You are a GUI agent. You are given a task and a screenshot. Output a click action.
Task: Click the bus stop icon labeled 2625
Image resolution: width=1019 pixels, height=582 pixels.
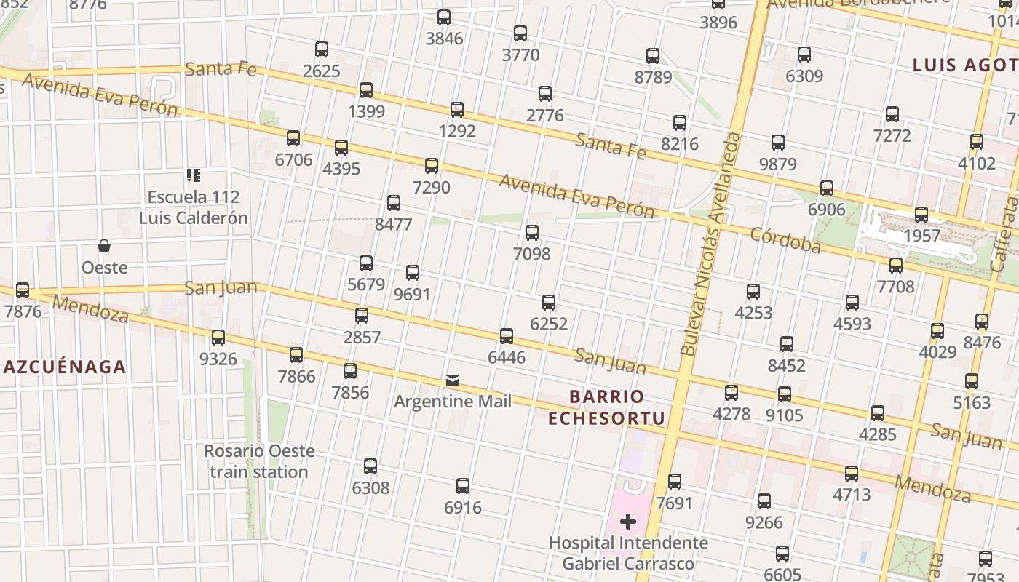click(322, 49)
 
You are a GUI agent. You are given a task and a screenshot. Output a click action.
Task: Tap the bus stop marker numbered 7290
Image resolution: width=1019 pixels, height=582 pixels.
click(432, 166)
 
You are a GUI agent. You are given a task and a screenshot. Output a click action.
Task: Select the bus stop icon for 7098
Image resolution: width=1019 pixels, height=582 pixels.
click(532, 233)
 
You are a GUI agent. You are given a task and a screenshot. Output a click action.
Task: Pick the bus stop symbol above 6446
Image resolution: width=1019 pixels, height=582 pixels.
click(507, 336)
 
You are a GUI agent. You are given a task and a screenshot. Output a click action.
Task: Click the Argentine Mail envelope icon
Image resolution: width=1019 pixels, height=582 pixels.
click(453, 380)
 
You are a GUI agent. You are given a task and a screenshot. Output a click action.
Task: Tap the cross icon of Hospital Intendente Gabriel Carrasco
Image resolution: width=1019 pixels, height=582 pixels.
click(628, 522)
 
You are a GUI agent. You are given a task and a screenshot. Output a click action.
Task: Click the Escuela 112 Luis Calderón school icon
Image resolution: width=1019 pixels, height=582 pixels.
click(194, 175)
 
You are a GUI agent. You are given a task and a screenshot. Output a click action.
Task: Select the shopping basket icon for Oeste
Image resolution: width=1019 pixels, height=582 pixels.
click(104, 247)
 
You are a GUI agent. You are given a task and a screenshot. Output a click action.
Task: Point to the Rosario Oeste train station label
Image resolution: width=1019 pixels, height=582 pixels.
click(259, 461)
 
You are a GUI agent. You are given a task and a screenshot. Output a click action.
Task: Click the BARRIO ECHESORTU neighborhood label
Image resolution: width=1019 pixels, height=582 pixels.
click(606, 407)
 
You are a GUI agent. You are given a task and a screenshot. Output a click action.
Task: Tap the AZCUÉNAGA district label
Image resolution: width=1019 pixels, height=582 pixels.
click(65, 367)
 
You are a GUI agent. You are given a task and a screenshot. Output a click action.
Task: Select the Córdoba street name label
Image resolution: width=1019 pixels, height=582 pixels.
click(785, 240)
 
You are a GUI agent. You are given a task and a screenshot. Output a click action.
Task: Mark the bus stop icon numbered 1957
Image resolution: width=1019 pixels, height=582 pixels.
click(921, 215)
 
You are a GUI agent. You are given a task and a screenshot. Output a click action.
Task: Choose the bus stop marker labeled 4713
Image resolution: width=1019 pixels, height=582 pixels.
click(852, 474)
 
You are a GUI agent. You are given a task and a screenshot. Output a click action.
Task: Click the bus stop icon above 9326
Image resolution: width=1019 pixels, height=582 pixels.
click(218, 338)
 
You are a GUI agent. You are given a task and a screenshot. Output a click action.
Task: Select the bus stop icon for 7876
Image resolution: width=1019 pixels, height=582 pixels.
click(23, 290)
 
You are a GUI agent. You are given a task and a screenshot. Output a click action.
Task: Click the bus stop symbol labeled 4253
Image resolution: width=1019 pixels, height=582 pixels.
click(753, 292)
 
